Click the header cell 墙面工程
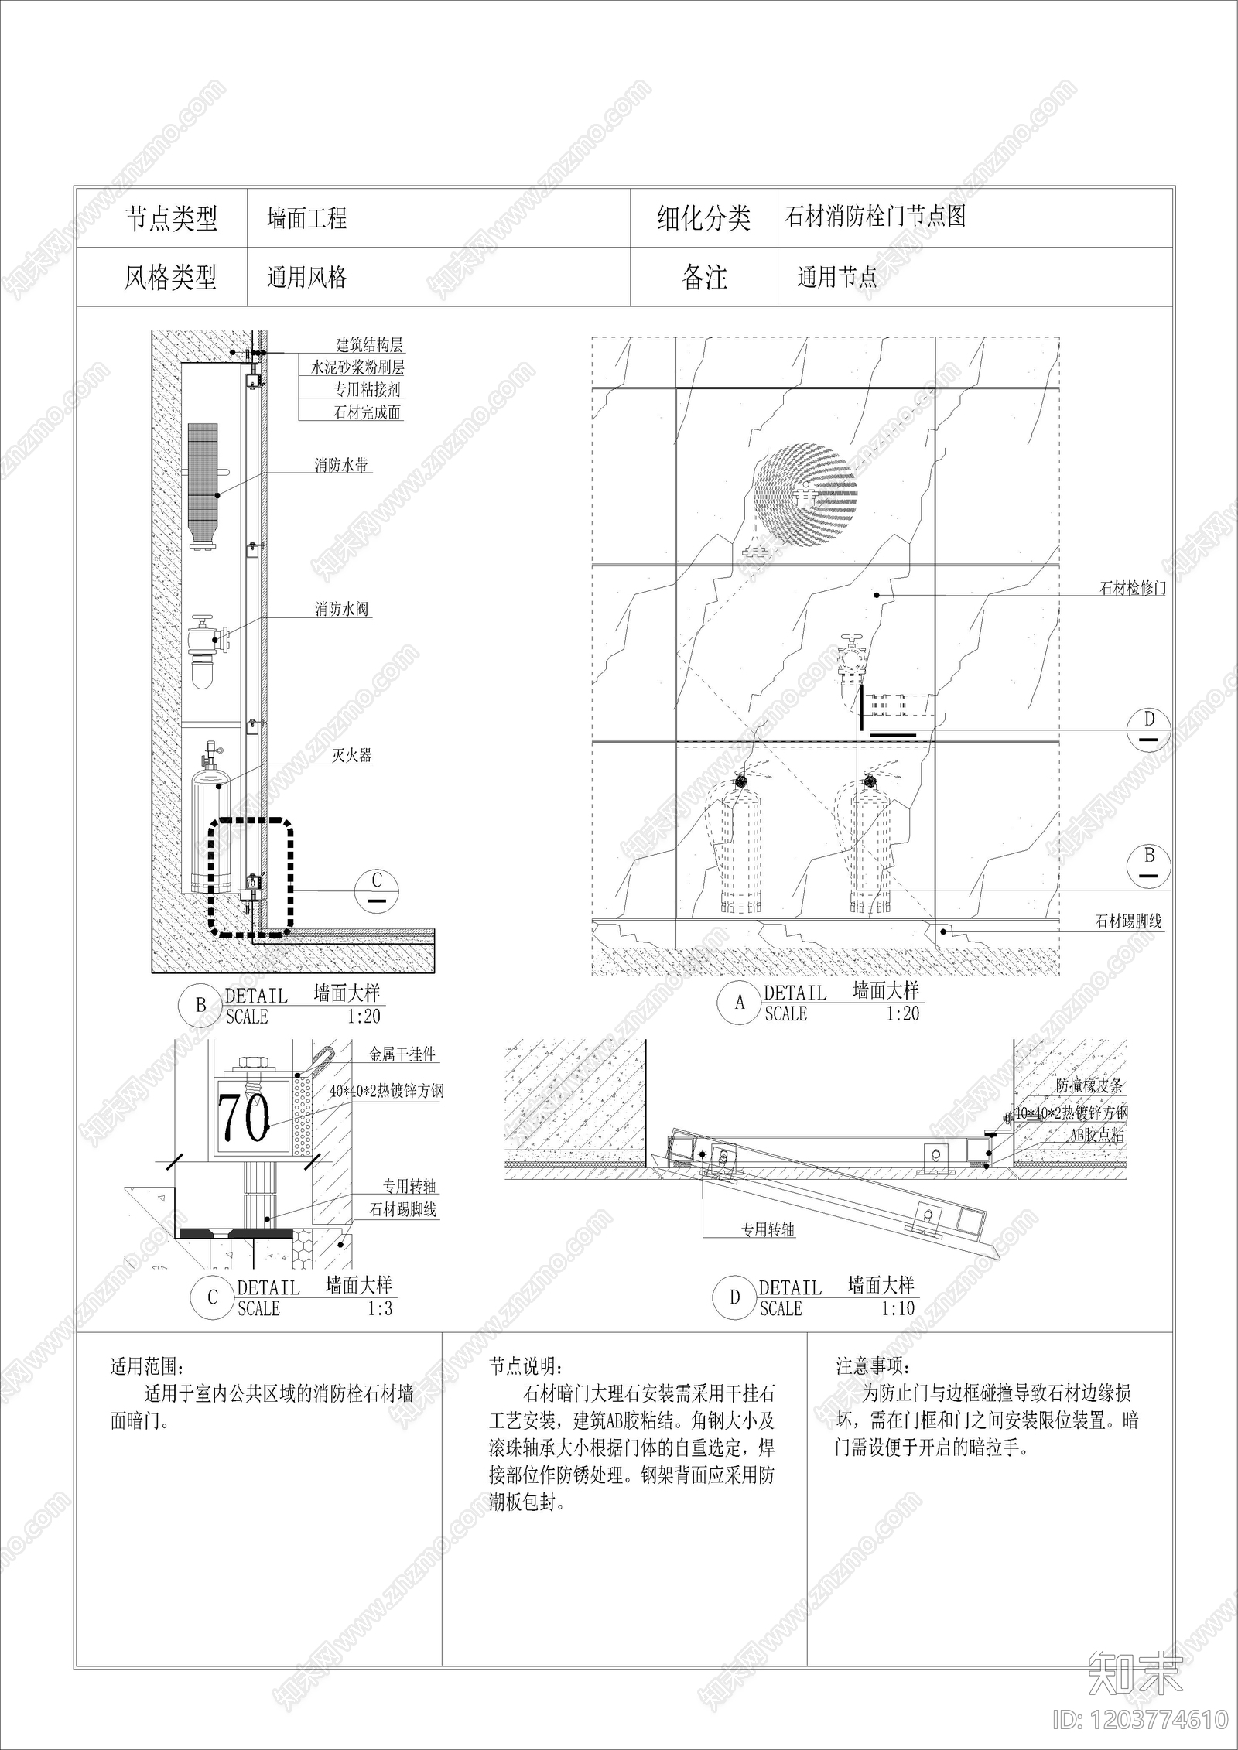coord(307,218)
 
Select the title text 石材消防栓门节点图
coord(875,216)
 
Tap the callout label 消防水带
coord(341,465)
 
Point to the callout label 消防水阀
coord(341,609)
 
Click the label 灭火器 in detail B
coord(352,755)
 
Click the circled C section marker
coord(377,890)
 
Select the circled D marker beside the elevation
coord(1149,728)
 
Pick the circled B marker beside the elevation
coord(1149,865)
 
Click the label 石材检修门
coord(1132,588)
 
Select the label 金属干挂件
coord(402,1054)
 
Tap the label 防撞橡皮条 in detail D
coord(1089,1085)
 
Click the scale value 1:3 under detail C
coord(380,1308)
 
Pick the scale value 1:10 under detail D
coord(898,1308)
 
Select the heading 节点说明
coord(526,1366)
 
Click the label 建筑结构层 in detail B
coord(369,345)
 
